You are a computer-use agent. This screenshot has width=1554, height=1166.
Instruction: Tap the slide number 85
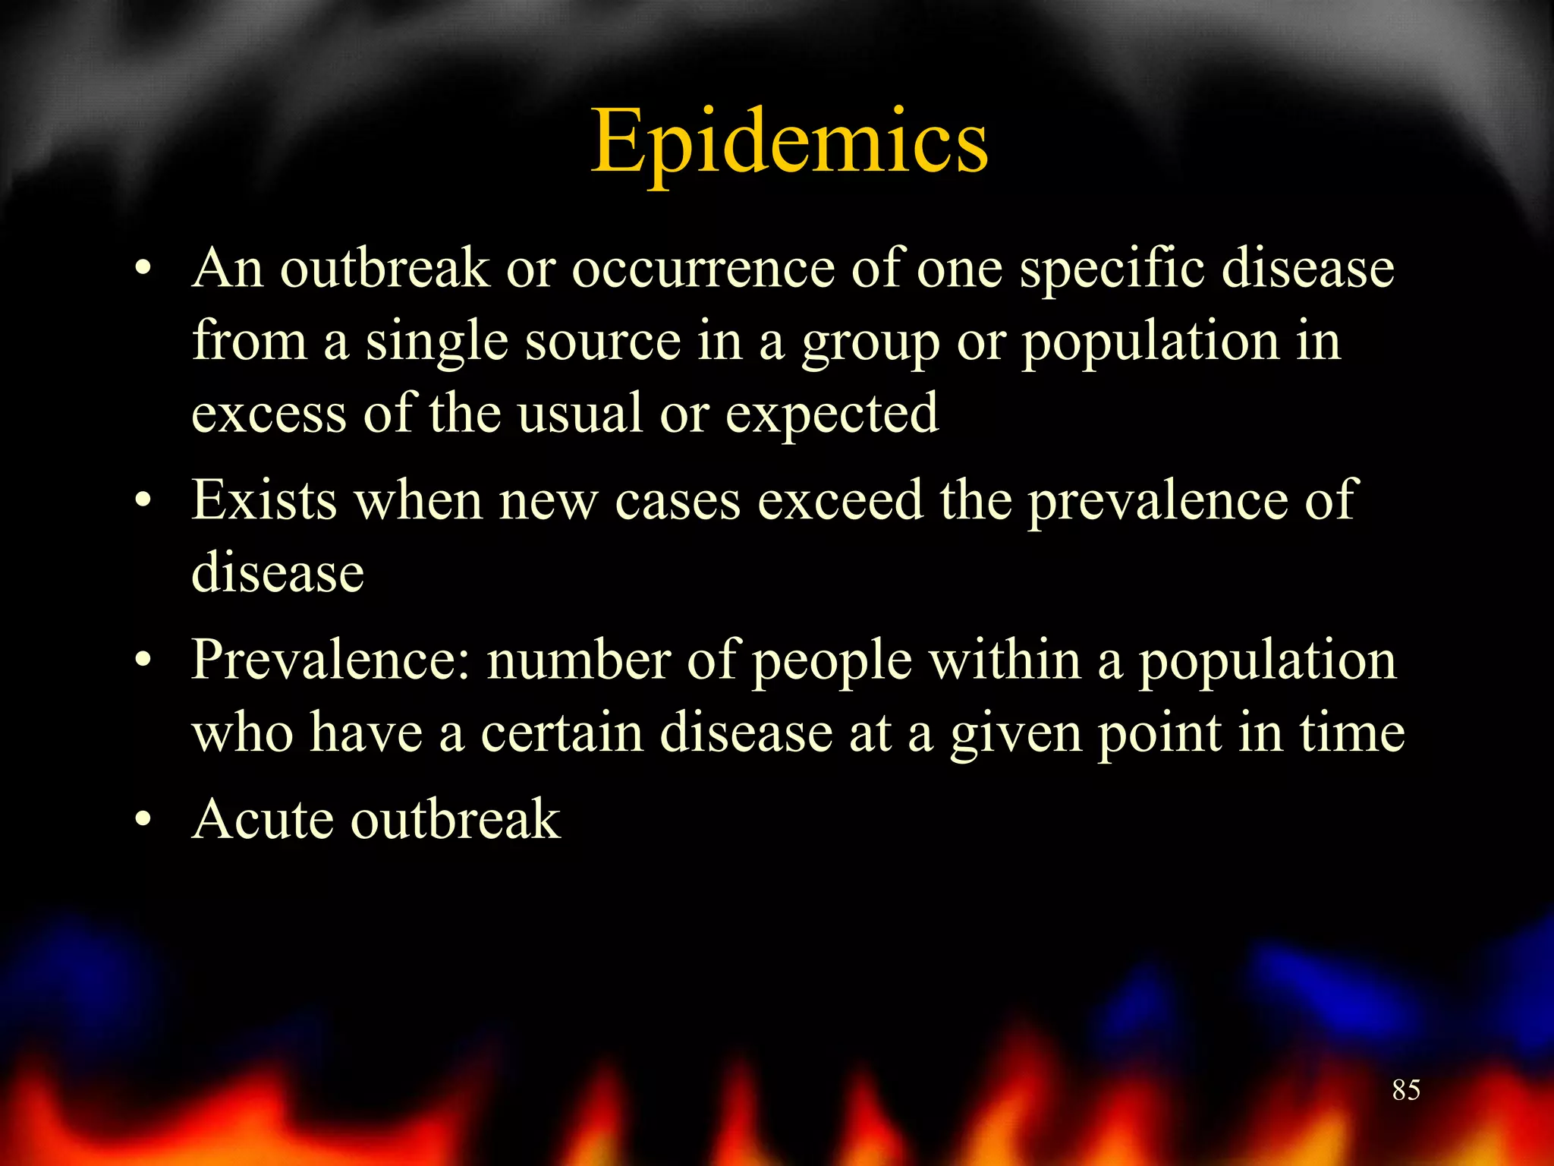coord(1406,1090)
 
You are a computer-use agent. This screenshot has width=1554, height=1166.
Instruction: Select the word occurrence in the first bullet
coord(703,269)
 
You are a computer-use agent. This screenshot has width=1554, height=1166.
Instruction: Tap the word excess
coord(269,414)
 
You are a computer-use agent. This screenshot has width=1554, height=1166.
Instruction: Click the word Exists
coord(264,500)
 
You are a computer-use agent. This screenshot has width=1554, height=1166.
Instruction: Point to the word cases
coord(678,502)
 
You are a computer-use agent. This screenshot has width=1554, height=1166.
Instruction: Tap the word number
coord(578,660)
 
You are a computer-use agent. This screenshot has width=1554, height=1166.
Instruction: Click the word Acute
coord(263,819)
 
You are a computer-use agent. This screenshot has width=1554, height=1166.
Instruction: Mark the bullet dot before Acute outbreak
coord(143,820)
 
